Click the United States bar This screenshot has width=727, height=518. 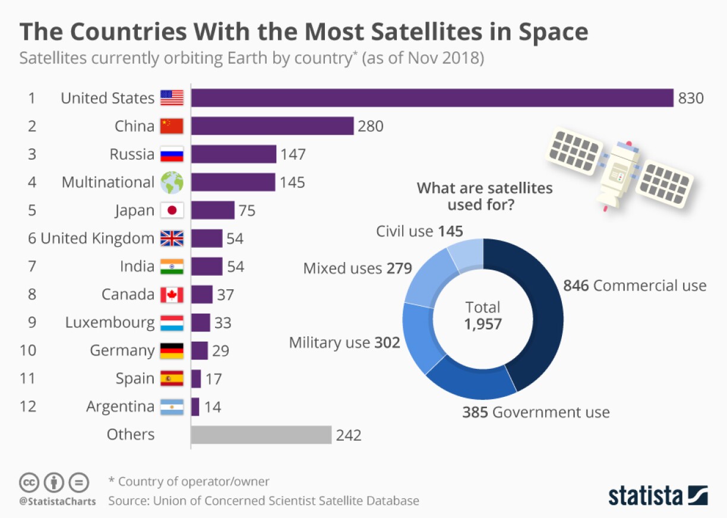point(432,98)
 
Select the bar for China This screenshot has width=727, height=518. point(272,126)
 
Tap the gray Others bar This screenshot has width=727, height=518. point(261,435)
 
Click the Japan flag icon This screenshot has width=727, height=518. point(172,210)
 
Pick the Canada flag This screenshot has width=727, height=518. point(172,295)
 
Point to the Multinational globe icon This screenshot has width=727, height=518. point(172,182)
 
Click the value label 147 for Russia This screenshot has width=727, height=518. point(293,154)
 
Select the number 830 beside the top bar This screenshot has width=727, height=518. point(691,98)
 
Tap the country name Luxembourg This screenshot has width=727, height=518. point(110,323)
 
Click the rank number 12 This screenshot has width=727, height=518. point(28,407)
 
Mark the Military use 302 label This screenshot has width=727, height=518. point(344,343)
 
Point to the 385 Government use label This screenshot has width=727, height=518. point(536,412)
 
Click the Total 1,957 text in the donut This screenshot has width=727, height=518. point(483,316)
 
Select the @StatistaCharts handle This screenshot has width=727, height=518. point(57,501)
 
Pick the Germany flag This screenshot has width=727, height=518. point(172,350)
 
